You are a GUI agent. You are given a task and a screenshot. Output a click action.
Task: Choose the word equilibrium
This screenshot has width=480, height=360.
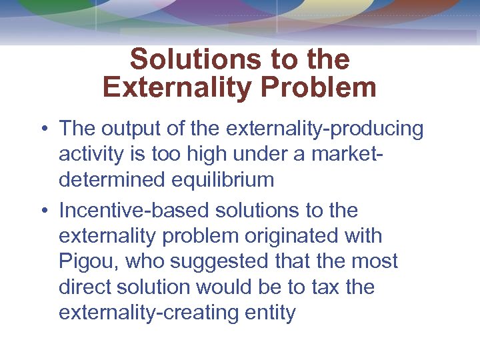point(227,180)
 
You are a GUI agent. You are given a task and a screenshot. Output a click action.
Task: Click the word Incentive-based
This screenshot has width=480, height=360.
point(134,211)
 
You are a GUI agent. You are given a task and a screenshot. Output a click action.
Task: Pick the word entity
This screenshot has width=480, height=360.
point(270,313)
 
